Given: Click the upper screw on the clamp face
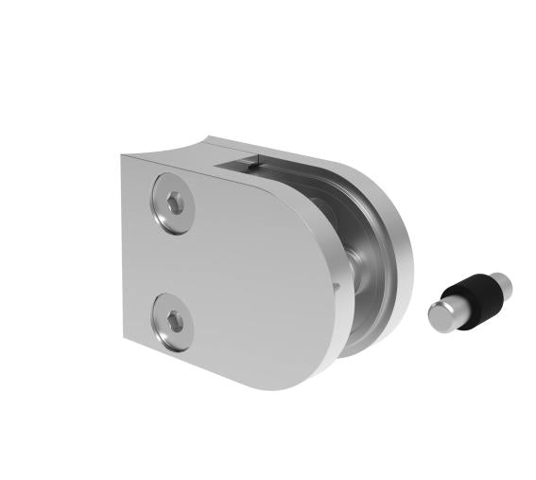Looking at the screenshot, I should [174, 203].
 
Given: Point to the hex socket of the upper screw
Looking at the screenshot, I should [175, 204].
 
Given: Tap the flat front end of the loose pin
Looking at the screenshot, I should [440, 316].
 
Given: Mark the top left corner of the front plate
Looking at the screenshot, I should [124, 157].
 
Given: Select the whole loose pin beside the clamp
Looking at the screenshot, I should [470, 298].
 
